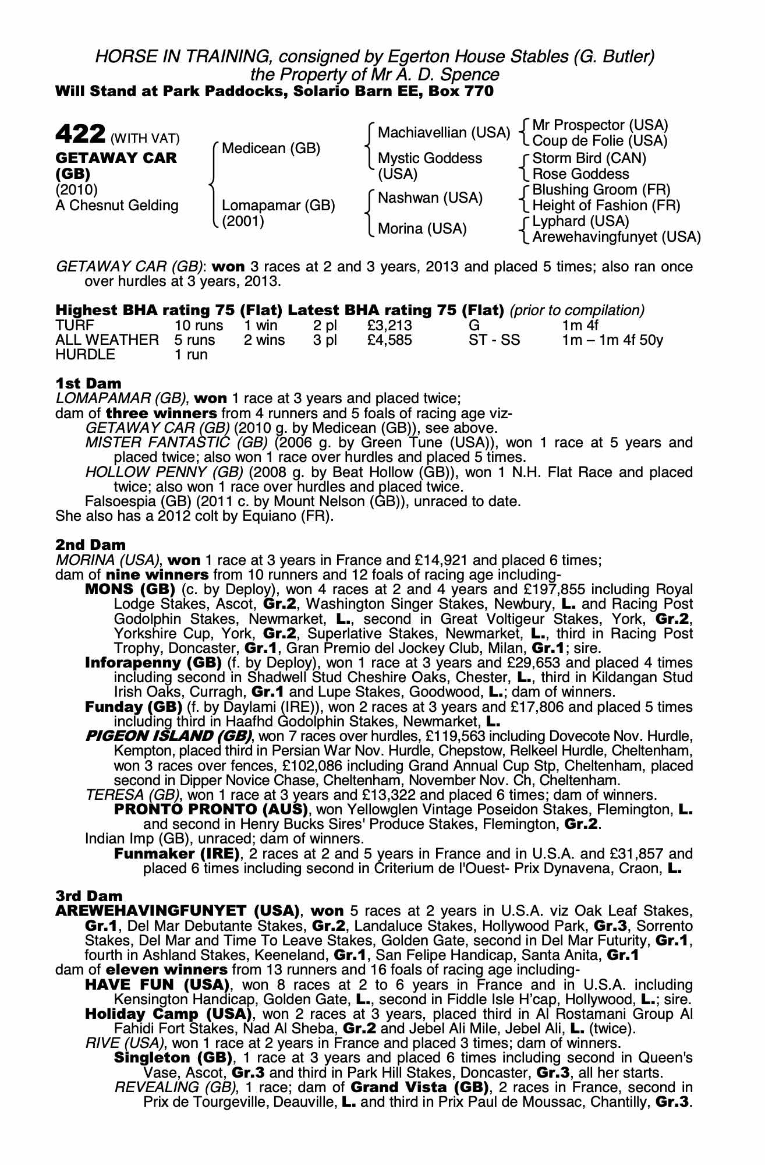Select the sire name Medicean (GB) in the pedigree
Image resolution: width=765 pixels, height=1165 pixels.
pos(271,149)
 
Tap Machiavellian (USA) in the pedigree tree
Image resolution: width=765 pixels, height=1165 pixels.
pos(444,133)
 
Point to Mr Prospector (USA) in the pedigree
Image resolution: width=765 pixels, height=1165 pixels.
pos(600,125)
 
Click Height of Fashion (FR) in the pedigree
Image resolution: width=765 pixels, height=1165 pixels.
pos(606,205)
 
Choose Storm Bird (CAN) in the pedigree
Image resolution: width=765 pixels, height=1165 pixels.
pos(589,158)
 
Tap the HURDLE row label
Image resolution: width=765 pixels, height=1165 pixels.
pos(86,355)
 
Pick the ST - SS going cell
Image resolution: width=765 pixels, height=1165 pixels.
pos(494,340)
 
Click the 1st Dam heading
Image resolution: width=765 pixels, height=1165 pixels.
pos(88,383)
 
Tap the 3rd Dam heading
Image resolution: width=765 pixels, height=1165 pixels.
pos(89,895)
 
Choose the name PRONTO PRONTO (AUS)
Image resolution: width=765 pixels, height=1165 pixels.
pos(211,809)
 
